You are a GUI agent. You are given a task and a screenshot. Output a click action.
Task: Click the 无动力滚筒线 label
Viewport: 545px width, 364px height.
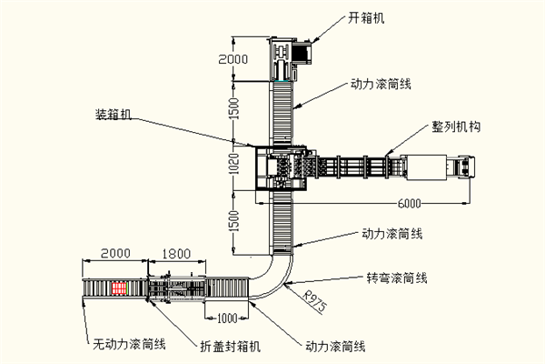coord(130,344)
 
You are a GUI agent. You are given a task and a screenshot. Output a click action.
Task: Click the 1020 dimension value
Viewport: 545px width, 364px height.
coord(233,165)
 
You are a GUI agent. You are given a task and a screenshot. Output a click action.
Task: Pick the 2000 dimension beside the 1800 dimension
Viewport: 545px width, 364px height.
coord(115,252)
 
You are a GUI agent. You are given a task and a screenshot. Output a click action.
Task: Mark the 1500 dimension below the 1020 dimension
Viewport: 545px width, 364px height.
coord(233,220)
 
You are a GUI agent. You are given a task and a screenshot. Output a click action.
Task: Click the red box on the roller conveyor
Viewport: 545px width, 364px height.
coord(119,288)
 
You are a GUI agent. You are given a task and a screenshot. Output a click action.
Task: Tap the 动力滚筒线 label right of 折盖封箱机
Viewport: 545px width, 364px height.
coord(334,346)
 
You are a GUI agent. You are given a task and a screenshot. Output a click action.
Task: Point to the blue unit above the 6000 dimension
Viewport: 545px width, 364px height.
coord(464,167)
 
